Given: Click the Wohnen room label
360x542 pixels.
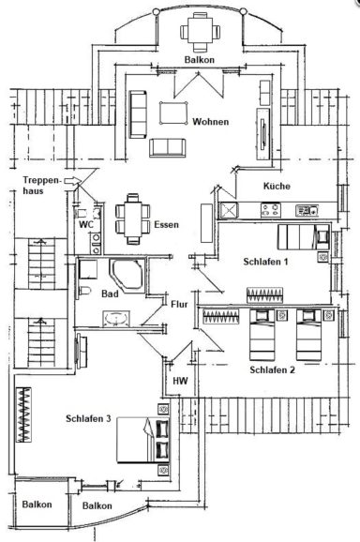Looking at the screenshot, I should coord(212,122).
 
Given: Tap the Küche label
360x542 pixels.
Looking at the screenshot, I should coord(277,186).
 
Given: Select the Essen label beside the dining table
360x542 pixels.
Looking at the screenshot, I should coord(166,225).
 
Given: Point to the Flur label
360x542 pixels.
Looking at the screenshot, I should coord(181,304).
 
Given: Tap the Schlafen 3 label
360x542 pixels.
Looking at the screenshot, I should coord(89,418).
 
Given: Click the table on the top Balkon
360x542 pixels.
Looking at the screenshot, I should coord(198,32).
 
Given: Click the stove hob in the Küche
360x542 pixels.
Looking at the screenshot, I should coord(306,210).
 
